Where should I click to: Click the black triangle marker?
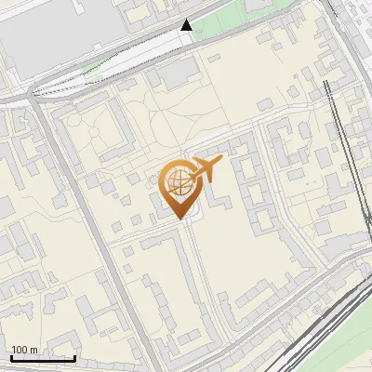[x=187, y=25]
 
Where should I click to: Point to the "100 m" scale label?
[x=25, y=351]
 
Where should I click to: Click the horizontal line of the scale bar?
[x=42, y=358]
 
